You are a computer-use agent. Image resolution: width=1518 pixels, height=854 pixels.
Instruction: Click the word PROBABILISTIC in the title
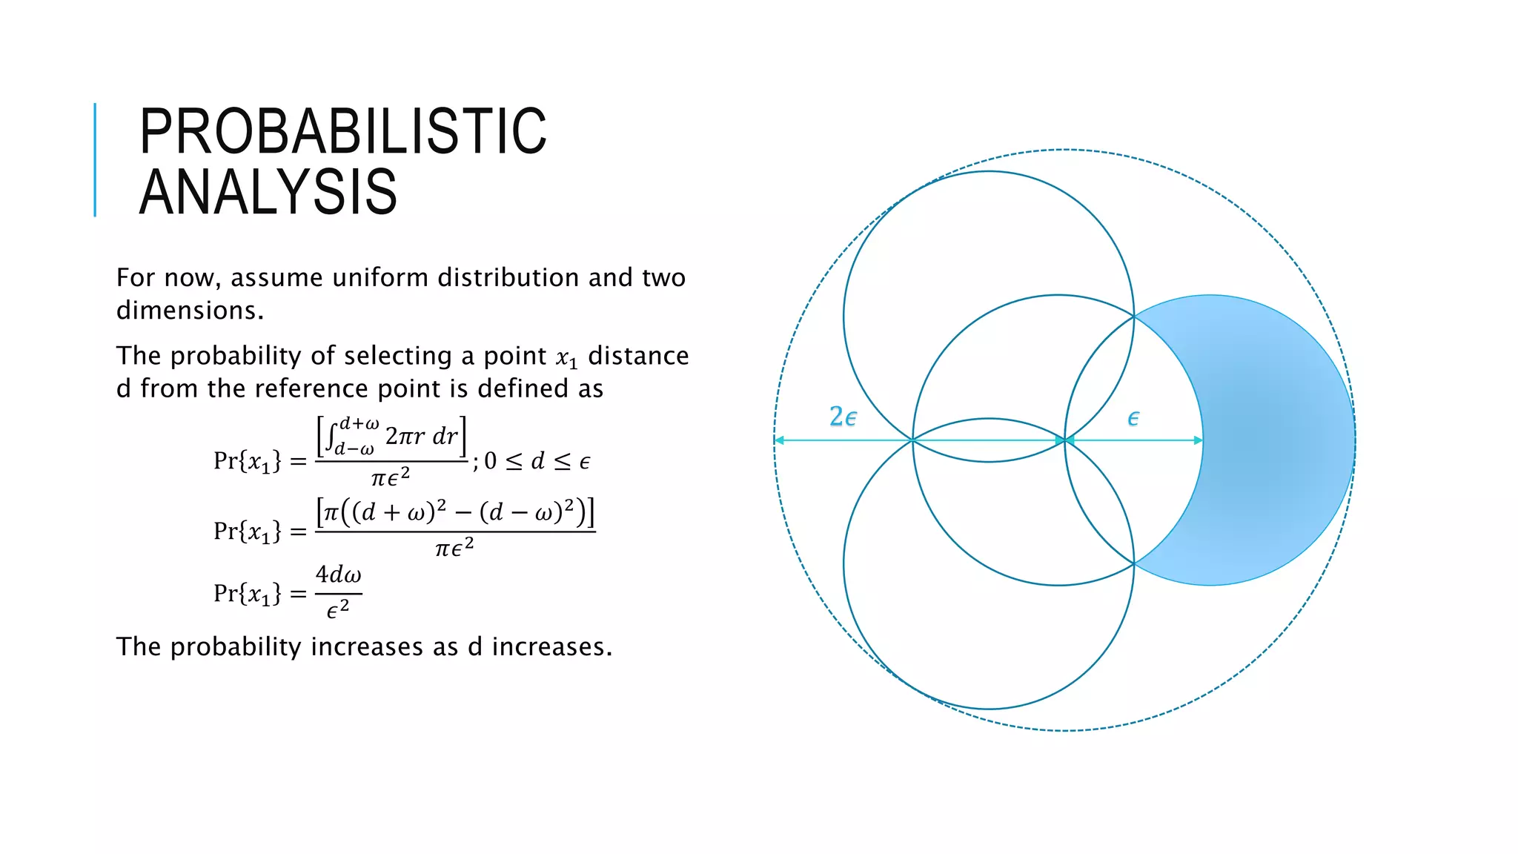(342, 131)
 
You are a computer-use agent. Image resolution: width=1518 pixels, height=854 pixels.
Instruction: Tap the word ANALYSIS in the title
(268, 192)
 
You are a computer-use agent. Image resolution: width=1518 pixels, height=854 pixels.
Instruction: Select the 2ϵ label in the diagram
(843, 417)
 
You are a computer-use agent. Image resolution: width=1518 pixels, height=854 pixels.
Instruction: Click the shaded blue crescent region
(1275, 440)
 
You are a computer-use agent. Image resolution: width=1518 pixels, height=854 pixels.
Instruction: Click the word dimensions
(190, 310)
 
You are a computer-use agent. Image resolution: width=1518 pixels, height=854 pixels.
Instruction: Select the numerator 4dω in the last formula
(338, 575)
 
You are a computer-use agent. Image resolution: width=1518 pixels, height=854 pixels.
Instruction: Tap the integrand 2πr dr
(422, 436)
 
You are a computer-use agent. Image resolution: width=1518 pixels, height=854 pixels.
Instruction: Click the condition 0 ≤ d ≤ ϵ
(537, 461)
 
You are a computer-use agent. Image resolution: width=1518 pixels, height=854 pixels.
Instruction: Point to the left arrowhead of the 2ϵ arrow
(779, 440)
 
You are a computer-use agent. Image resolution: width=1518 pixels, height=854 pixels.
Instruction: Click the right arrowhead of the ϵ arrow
(1198, 440)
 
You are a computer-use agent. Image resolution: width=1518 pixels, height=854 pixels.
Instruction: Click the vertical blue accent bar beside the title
(95, 159)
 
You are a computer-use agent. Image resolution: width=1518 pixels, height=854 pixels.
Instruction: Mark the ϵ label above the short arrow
(1133, 419)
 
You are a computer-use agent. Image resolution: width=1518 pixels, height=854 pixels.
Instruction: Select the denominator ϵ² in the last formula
(337, 610)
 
